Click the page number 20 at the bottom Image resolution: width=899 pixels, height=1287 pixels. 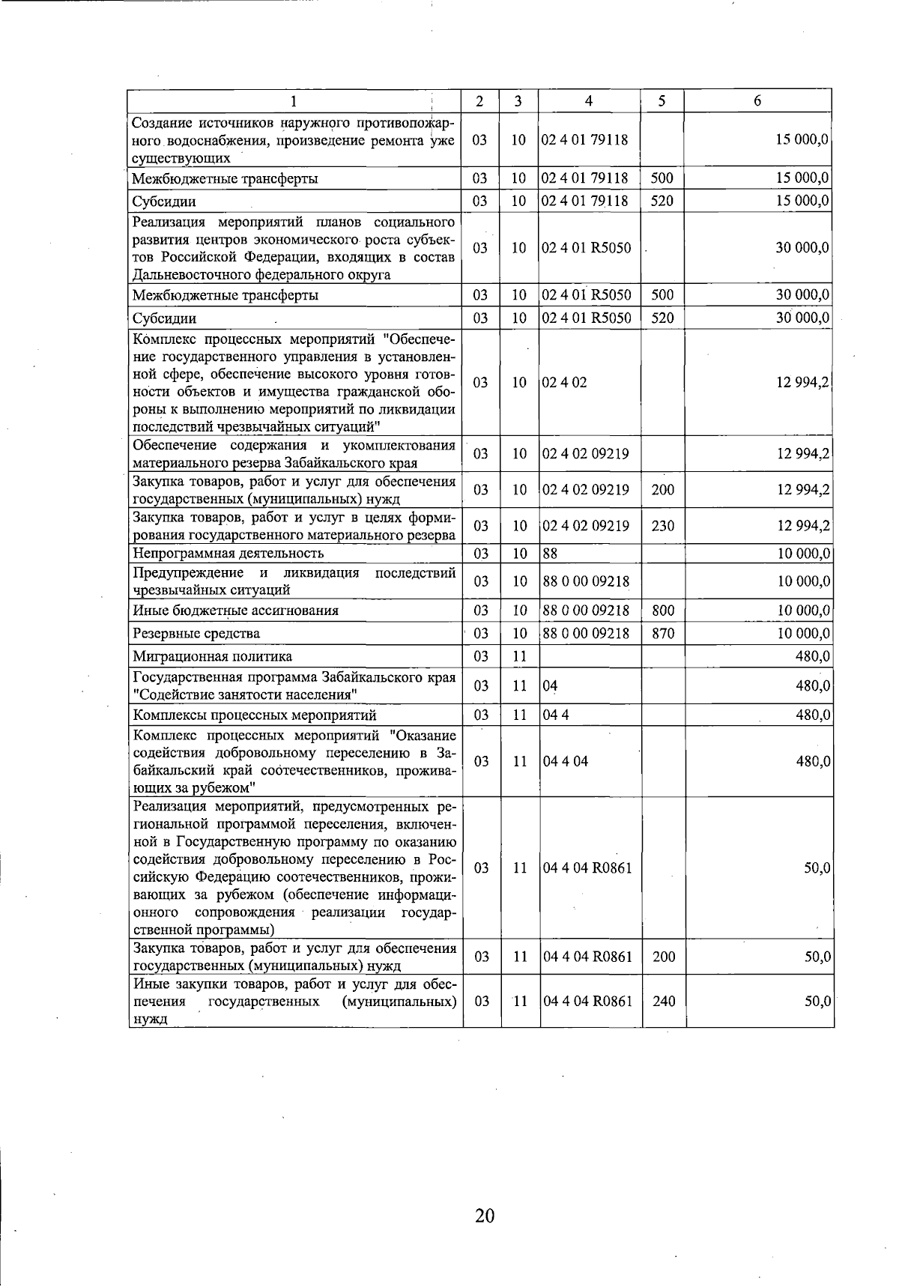[x=485, y=1215]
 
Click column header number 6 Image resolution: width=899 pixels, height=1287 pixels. [x=757, y=101]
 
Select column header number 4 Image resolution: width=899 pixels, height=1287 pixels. [x=589, y=101]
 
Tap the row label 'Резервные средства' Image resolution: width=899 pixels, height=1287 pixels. [x=196, y=634]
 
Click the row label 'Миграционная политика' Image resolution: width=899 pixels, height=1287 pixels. [x=212, y=657]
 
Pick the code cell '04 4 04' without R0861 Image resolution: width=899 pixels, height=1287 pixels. [x=566, y=761]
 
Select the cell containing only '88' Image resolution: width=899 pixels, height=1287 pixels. [x=551, y=554]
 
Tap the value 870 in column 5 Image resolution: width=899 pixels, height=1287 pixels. [x=662, y=634]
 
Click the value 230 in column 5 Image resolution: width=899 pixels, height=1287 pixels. [x=662, y=526]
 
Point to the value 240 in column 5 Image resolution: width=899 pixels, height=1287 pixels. [x=663, y=1001]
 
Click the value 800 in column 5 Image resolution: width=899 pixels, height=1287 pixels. [x=662, y=611]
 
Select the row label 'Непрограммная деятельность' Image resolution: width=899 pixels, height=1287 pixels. [x=228, y=554]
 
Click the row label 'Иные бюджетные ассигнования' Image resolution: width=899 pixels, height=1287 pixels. [x=235, y=611]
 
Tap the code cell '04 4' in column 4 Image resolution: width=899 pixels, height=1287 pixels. [x=556, y=715]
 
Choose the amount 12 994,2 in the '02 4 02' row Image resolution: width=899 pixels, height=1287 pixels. [x=802, y=383]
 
